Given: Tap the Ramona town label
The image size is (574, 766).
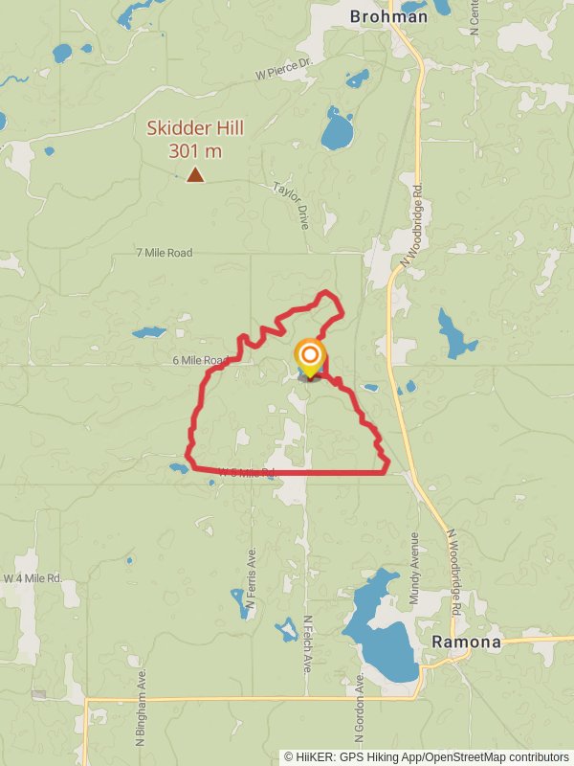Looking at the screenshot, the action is click(x=466, y=642).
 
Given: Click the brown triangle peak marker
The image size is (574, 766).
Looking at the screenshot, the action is click(x=195, y=174).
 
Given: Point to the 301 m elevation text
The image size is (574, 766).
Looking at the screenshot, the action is click(x=194, y=150).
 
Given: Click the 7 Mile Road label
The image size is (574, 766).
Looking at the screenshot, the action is click(x=164, y=253).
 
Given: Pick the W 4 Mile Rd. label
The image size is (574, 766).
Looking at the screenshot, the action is click(x=33, y=578).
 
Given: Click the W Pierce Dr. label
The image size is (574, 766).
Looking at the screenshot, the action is click(x=285, y=74).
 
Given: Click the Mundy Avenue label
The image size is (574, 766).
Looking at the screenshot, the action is click(x=414, y=570).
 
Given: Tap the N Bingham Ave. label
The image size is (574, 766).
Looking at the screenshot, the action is click(x=140, y=710).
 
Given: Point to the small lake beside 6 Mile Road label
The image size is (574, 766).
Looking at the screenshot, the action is click(x=148, y=333).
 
